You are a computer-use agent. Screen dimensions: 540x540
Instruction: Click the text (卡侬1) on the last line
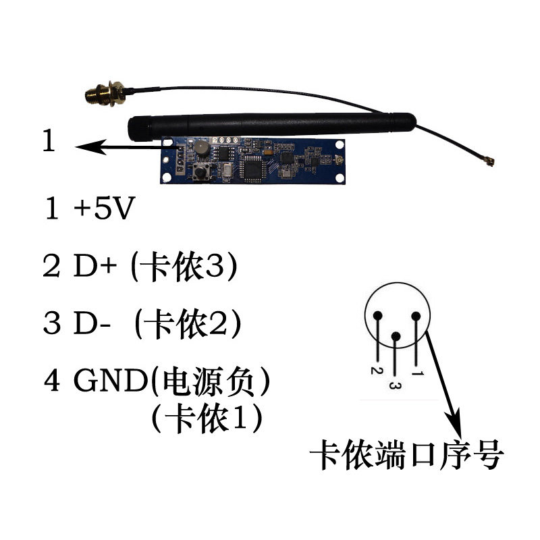pyautogui.click(x=207, y=419)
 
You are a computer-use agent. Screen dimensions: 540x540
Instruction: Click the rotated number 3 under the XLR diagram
pyautogui.click(x=397, y=387)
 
